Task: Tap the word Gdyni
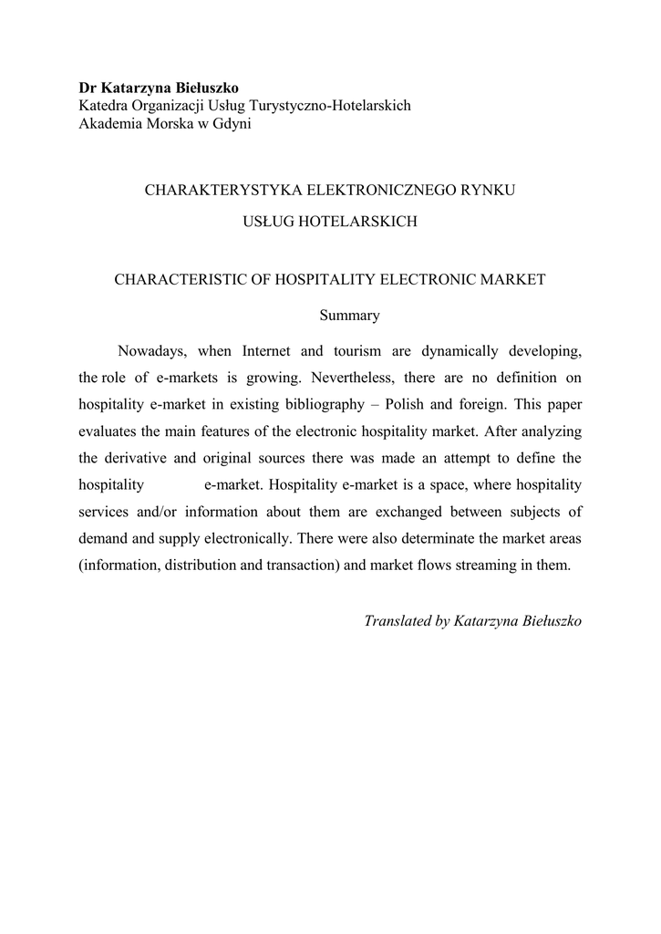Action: [x=232, y=124]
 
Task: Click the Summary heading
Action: [x=349, y=316]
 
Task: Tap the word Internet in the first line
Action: [x=268, y=351]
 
